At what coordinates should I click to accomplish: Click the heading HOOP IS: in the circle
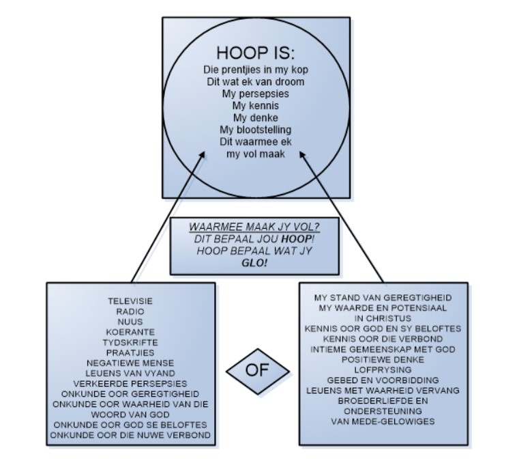coord(256,53)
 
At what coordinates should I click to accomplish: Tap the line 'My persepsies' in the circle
coord(256,94)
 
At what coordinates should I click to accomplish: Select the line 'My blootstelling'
coord(256,130)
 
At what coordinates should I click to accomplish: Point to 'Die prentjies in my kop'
coord(256,70)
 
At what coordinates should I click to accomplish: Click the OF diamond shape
coord(257,370)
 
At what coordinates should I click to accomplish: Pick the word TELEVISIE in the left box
coord(130,301)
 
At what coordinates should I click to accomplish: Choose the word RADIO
coord(130,311)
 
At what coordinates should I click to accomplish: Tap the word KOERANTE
coord(130,332)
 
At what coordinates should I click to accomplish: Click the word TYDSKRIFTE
coord(130,342)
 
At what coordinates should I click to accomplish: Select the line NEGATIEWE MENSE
coord(130,363)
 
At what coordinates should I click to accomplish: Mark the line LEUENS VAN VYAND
coord(130,373)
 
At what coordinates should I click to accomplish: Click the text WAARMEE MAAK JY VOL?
coord(254,227)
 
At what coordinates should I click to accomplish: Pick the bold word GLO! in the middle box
coord(254,263)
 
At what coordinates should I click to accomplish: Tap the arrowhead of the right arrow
coord(304,156)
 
